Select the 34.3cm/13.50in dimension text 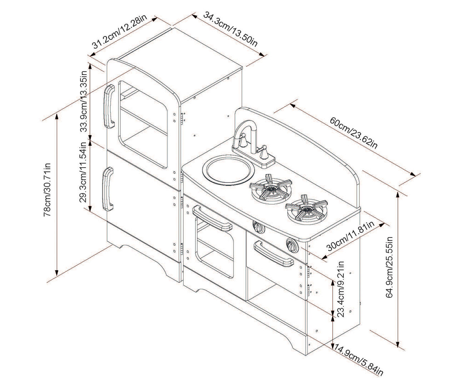[x=231, y=29]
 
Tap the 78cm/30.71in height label [x=47, y=190]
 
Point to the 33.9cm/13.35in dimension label [x=84, y=101]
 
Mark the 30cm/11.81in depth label [x=350, y=237]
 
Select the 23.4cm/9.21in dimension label [x=341, y=290]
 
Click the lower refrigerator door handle [x=107, y=190]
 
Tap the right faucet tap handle [x=265, y=152]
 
